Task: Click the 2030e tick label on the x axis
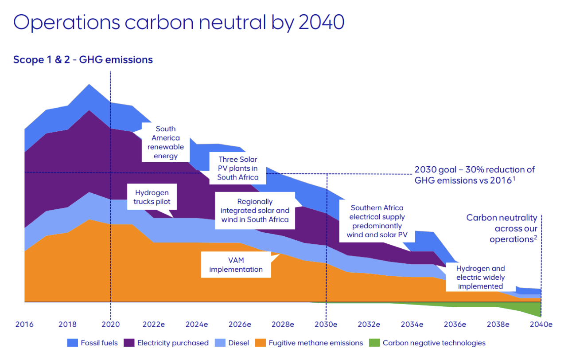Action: [x=326, y=324]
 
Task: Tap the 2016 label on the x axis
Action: [x=24, y=324]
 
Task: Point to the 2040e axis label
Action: [x=541, y=324]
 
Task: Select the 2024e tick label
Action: [x=197, y=324]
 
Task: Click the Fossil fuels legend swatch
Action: [x=73, y=343]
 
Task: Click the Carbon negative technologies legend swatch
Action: [x=374, y=343]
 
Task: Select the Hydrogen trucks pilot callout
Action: [x=152, y=197]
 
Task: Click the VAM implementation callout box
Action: [x=236, y=265]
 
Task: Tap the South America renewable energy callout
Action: [x=166, y=142]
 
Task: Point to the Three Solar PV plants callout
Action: [x=237, y=168]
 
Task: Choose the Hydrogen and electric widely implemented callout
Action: [x=480, y=277]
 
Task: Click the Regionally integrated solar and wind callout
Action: [x=255, y=211]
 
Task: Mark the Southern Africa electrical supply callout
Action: [x=377, y=221]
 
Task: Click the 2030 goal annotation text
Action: [x=475, y=175]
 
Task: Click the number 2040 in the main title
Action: [x=321, y=22]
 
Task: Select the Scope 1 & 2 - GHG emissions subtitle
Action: [x=83, y=59]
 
